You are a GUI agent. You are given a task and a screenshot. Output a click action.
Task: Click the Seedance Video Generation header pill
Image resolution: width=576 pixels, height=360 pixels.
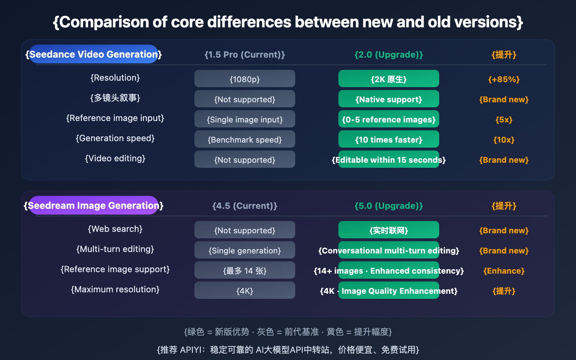(x=94, y=54)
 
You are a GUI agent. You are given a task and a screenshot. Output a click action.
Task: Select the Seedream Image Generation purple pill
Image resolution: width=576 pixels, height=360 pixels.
(x=94, y=206)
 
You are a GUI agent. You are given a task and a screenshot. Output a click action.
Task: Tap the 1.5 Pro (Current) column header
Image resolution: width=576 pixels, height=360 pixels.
(x=245, y=55)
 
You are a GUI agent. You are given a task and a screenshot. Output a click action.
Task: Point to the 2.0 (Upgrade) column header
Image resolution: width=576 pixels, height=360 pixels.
(x=389, y=55)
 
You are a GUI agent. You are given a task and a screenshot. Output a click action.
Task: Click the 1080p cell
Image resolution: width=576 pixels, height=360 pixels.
(x=245, y=79)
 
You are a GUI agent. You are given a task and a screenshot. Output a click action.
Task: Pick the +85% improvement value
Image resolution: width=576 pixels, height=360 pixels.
(x=504, y=79)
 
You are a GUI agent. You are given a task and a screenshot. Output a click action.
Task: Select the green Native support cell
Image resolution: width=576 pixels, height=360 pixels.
(x=389, y=99)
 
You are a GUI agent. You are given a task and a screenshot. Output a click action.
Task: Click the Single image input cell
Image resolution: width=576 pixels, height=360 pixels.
(x=245, y=119)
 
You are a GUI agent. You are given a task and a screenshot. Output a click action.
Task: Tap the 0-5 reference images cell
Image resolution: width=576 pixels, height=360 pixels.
(x=389, y=119)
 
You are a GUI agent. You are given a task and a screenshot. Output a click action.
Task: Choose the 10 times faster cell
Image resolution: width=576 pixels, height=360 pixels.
(x=389, y=139)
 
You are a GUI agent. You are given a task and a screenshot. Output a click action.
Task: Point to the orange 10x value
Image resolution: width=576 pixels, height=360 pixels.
(x=504, y=140)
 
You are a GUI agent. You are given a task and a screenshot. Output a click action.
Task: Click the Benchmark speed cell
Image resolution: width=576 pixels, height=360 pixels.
(x=245, y=139)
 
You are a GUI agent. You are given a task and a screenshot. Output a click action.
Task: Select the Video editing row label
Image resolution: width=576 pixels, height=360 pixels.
(x=115, y=158)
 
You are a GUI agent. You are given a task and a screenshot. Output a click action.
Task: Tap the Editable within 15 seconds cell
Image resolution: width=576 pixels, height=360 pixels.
(x=389, y=159)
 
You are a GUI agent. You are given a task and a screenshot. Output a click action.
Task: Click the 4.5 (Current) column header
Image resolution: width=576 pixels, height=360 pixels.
(x=245, y=206)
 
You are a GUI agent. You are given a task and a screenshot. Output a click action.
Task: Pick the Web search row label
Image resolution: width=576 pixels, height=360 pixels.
(x=115, y=229)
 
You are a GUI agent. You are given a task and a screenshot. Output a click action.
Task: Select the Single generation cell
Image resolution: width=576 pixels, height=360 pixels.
(x=245, y=250)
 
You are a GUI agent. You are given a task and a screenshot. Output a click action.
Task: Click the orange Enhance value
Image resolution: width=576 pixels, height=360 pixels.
(x=504, y=271)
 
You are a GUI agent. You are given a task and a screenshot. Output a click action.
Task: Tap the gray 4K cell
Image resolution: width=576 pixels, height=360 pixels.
(x=245, y=291)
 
